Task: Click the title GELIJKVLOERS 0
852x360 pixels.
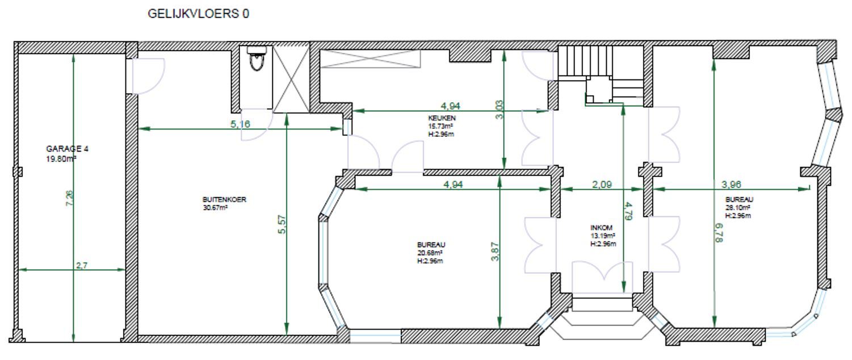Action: (198, 14)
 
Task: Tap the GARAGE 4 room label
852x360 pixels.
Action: (68, 149)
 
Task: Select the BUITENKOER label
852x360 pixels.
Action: (224, 199)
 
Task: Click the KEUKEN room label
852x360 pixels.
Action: (442, 118)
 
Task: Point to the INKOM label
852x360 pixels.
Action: (601, 228)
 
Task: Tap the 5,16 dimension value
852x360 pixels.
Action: (240, 124)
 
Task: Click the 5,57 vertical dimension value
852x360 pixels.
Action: (282, 225)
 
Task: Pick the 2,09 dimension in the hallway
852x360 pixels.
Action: (602, 185)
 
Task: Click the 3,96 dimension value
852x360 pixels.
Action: (732, 185)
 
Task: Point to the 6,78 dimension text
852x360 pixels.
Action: (719, 233)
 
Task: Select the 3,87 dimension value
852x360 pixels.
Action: (495, 252)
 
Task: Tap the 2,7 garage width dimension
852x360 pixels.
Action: (82, 266)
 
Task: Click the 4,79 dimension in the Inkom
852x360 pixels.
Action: (628, 211)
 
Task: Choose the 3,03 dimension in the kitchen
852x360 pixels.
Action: (499, 110)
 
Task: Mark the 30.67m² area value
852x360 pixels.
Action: (215, 208)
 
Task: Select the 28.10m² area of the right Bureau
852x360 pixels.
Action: (738, 208)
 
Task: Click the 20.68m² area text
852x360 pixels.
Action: (430, 253)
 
